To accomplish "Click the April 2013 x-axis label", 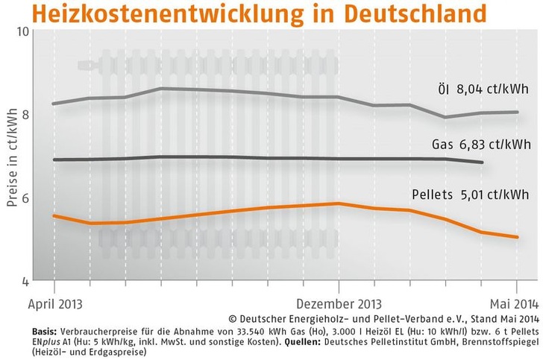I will click(55, 305).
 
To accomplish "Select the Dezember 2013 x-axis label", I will click(339, 305).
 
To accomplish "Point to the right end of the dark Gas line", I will click(483, 162).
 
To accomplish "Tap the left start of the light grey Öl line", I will click(54, 104).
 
